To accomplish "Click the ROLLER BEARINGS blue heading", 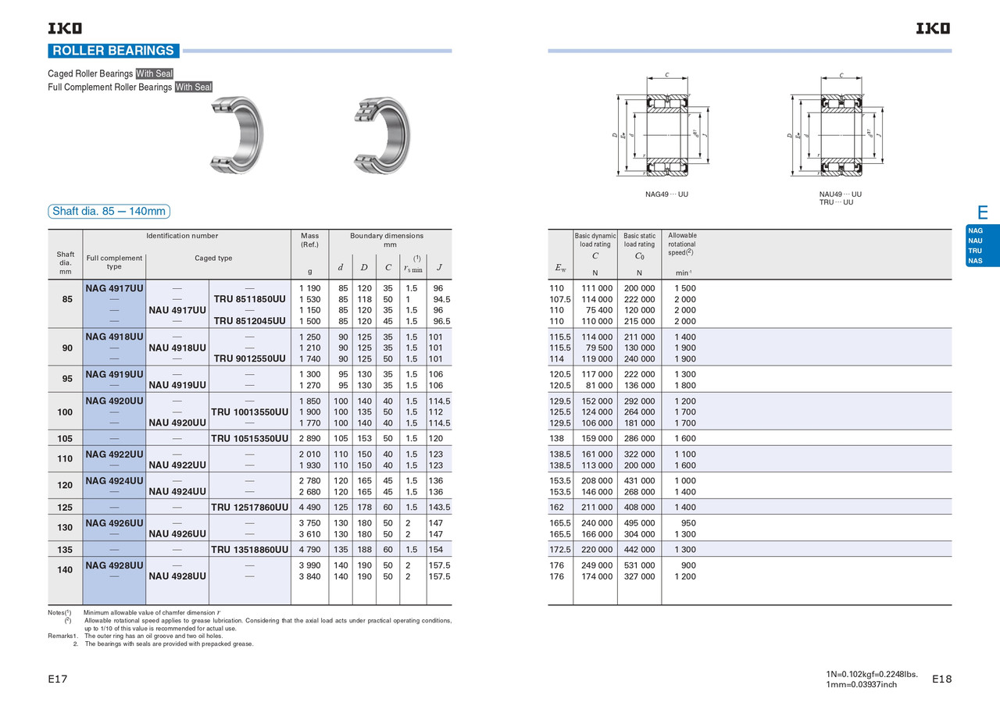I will (113, 51).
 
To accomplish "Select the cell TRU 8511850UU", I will (249, 299).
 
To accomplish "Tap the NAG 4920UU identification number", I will (114, 401).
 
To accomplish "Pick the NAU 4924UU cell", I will (177, 492).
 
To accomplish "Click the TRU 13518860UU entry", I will (249, 550).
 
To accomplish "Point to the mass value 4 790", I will (310, 550).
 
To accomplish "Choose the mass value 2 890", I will (310, 439).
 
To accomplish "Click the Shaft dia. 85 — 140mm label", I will (109, 212).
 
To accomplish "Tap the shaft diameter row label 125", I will (66, 508).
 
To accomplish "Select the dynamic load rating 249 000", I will (596, 565).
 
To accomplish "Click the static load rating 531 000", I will (639, 565).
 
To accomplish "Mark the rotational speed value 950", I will (687, 523).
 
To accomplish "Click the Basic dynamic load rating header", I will (595, 240).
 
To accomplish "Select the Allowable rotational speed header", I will (682, 244).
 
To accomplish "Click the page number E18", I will (942, 679).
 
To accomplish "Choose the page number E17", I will (58, 679).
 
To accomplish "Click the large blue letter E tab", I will (982, 212).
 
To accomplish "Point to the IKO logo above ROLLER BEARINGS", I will (65, 29).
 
